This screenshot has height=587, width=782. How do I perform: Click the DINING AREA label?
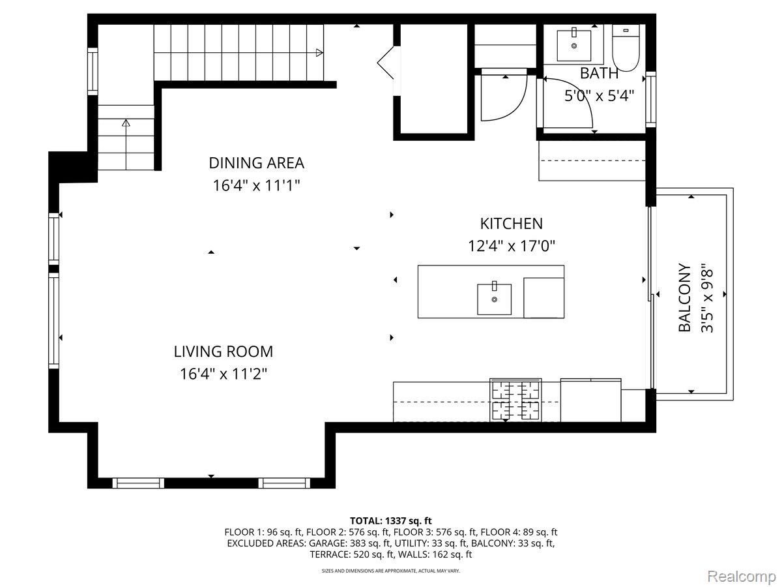pos(256,163)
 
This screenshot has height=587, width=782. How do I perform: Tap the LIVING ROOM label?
pos(223,352)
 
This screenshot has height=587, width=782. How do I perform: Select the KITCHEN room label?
pos(512,224)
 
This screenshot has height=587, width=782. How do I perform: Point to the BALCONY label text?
pos(684,297)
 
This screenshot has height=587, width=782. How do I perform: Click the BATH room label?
pos(599,74)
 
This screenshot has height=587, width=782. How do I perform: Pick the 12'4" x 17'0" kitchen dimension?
pos(512,246)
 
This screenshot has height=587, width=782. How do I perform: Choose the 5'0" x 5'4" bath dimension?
pos(600,95)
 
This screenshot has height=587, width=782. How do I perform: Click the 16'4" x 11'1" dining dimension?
pos(256,185)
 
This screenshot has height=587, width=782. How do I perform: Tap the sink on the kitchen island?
pos(494,299)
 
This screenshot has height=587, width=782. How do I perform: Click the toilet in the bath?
pos(626,48)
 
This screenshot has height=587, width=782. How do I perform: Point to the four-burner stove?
pos(515,400)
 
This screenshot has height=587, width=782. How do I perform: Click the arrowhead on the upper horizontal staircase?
pos(319,53)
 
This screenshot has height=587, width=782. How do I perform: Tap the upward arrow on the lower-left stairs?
pos(126,123)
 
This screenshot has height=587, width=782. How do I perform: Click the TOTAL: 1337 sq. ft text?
pos(391,520)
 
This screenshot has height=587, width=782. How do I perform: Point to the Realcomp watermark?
pos(742,577)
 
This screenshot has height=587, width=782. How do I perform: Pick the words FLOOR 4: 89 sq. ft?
pos(519,532)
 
